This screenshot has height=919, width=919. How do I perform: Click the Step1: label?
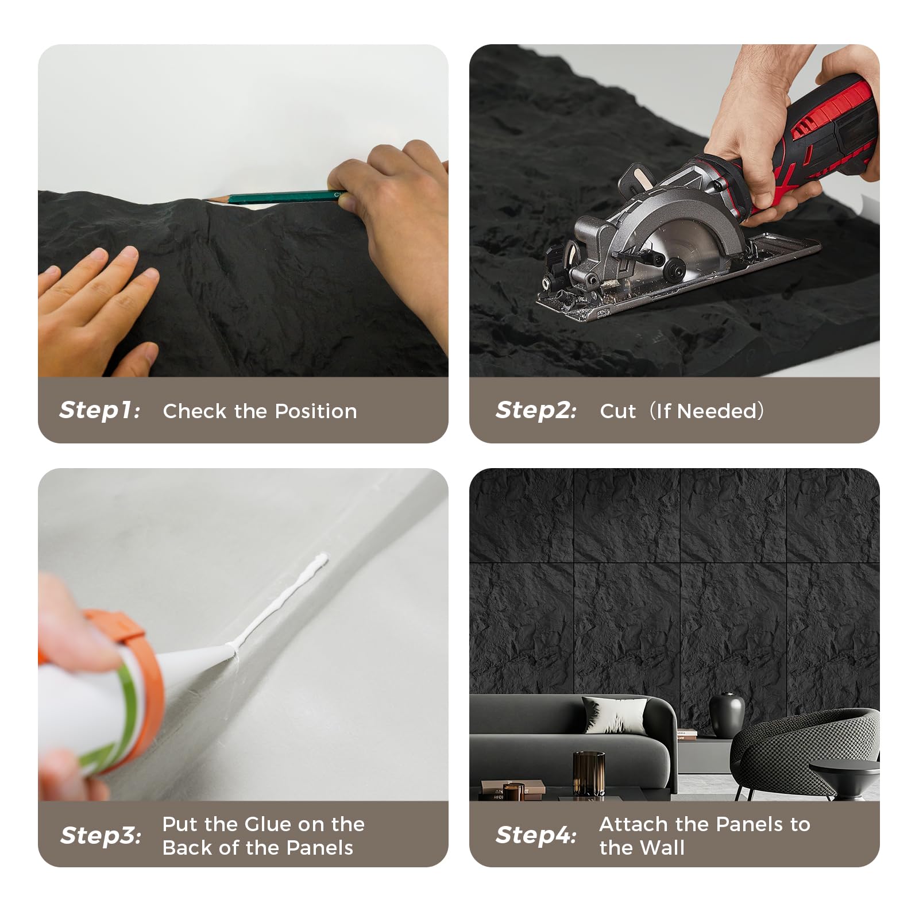pyautogui.click(x=100, y=410)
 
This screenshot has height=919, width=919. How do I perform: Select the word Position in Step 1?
pyautogui.click(x=316, y=411)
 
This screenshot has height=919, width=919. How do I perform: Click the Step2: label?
pyautogui.click(x=536, y=410)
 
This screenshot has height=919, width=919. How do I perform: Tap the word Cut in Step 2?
pyautogui.click(x=617, y=411)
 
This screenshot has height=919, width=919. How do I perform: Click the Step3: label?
pyautogui.click(x=101, y=835)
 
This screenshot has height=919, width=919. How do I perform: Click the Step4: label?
pyautogui.click(x=536, y=835)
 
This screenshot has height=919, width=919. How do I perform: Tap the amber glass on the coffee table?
pyautogui.click(x=589, y=773)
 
